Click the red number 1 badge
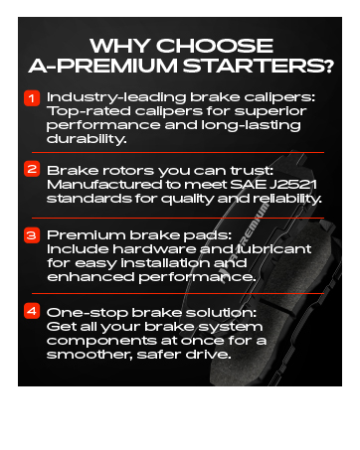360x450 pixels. [32, 98]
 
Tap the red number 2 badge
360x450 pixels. [32, 169]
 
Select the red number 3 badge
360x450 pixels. [32, 235]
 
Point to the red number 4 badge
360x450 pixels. [32, 311]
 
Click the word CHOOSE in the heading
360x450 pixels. [215, 46]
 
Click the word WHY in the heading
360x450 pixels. [119, 46]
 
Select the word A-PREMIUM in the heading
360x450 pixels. [103, 66]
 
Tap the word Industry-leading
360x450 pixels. [116, 97]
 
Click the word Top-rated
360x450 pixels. [89, 111]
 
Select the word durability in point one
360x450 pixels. [87, 139]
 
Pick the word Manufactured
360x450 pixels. [104, 185]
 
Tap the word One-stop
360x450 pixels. [88, 313]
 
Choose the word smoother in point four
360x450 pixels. [90, 355]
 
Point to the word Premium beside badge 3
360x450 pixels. [87, 235]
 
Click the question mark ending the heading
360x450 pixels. [329, 66]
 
